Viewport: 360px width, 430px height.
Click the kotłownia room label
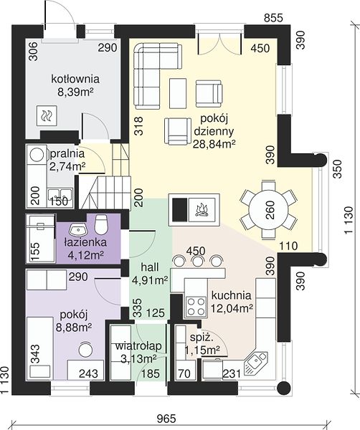[x=75, y=80]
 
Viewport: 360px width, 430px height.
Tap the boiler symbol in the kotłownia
[x=47, y=115]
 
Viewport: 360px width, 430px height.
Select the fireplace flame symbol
[x=202, y=210]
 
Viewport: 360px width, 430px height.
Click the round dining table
[x=269, y=210]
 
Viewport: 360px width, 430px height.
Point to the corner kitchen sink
[x=255, y=363]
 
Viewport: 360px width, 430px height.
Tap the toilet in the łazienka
[x=100, y=224]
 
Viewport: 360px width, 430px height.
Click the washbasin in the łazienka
[x=78, y=229]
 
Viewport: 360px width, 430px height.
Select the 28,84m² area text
[x=214, y=143]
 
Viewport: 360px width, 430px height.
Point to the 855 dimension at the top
[x=273, y=18]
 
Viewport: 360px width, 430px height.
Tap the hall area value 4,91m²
[x=150, y=280]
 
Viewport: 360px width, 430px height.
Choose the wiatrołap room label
[x=138, y=346]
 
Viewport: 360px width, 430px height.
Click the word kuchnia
[x=232, y=295]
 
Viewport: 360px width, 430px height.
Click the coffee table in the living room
[x=178, y=93]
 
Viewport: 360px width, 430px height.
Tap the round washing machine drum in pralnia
[x=37, y=154]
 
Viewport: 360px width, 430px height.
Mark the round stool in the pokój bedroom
[x=85, y=350]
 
